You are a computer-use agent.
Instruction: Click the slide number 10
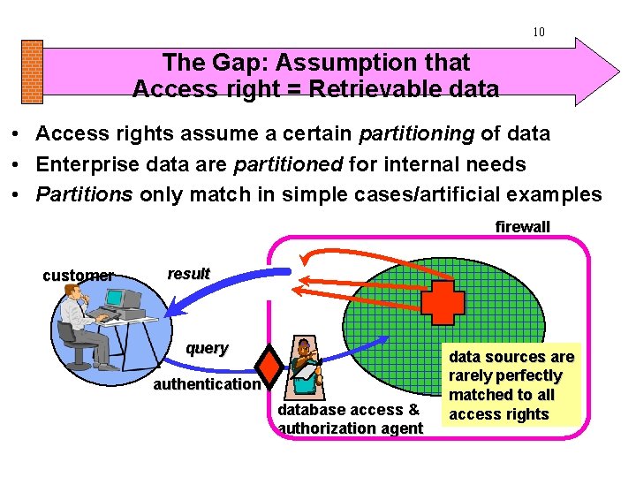click(538, 33)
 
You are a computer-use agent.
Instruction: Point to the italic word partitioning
click(417, 134)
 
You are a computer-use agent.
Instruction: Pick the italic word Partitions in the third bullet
click(85, 194)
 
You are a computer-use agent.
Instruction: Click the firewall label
click(522, 227)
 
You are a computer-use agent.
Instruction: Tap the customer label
click(78, 276)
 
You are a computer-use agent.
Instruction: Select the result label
click(188, 274)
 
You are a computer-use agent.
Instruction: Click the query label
click(207, 348)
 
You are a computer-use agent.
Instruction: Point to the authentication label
click(207, 384)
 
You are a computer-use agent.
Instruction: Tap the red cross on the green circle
click(442, 303)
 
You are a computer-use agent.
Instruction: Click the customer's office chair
click(72, 345)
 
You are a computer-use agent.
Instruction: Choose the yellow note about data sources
click(511, 385)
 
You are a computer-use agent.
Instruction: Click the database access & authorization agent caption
click(350, 419)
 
